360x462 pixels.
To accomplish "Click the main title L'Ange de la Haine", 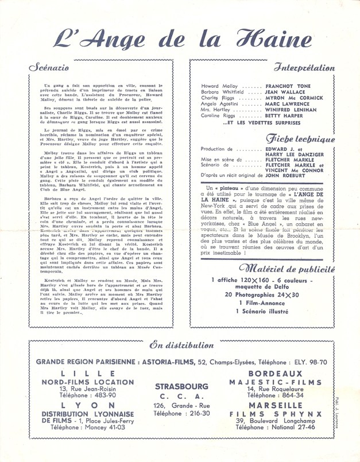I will click(x=180, y=38).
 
